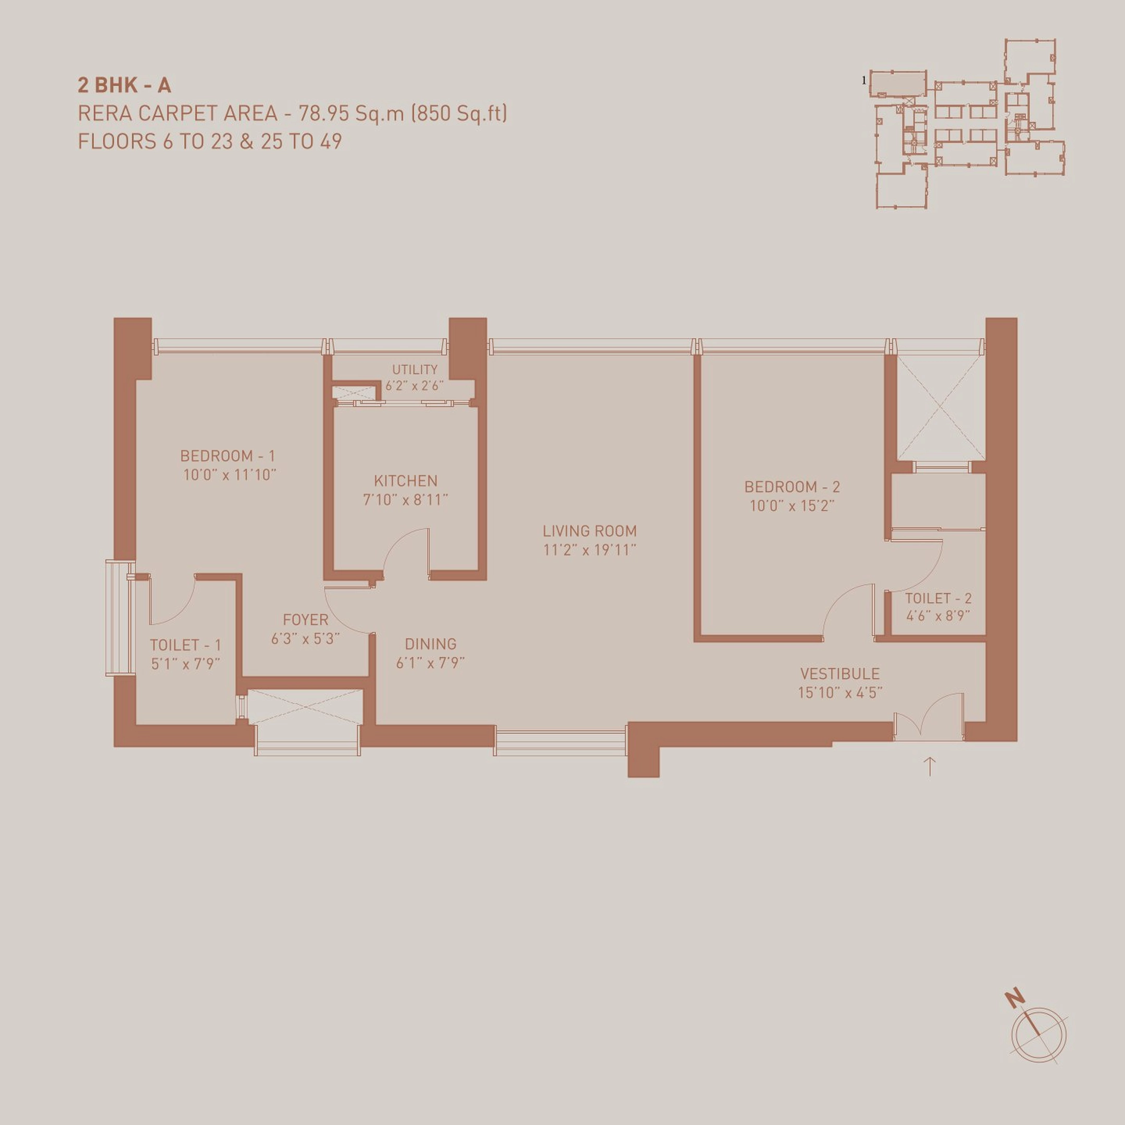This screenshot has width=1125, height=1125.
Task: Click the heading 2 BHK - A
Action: tap(124, 85)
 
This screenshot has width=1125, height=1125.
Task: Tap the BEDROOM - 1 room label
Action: tap(227, 455)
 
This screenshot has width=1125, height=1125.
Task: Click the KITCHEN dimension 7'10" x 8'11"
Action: tap(405, 499)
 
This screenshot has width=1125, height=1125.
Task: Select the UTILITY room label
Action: tap(415, 369)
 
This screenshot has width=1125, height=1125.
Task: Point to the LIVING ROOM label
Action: tap(589, 531)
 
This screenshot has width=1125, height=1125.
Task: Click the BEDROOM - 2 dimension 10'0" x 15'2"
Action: tap(792, 505)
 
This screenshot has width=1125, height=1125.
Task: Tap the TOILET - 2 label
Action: tap(938, 598)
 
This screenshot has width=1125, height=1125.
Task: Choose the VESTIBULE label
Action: tap(840, 674)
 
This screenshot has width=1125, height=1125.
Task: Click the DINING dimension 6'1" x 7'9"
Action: tap(430, 662)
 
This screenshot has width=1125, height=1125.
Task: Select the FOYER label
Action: tap(305, 620)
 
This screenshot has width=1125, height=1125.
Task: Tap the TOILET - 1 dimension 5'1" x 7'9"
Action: tap(185, 664)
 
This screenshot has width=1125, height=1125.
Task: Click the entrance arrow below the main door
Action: tap(930, 766)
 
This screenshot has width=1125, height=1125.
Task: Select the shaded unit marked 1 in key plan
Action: tap(897, 83)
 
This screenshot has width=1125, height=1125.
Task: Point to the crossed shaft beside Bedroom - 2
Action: tap(939, 408)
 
